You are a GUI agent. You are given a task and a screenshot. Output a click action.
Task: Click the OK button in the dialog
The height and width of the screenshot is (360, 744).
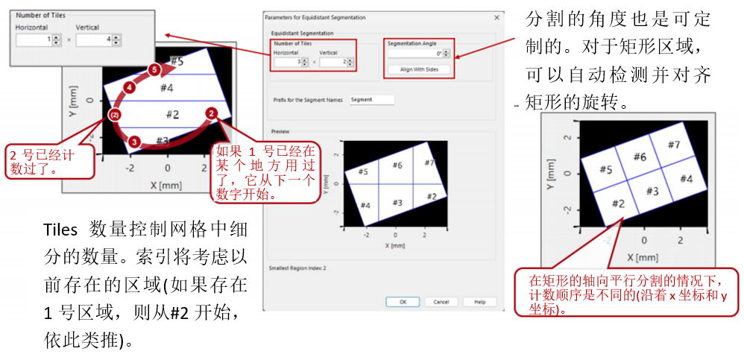coord(403,302)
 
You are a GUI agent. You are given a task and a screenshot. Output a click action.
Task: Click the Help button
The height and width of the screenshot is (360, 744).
coord(479,302)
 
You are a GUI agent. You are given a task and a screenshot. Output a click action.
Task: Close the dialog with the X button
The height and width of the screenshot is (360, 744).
coord(496,16)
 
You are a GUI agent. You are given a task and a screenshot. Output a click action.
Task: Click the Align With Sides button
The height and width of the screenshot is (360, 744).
coord(419,69)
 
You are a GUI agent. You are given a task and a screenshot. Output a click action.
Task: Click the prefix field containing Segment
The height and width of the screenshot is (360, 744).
coord(371,99)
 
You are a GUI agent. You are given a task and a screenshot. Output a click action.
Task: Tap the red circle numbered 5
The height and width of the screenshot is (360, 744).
coord(154,69)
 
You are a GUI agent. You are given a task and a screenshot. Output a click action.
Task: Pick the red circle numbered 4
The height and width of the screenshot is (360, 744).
coord(130,88)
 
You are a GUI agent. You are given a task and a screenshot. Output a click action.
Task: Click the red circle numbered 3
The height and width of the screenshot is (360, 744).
coord(133,140)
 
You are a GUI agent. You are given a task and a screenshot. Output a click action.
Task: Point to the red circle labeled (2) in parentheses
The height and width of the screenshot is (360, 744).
coord(114,115)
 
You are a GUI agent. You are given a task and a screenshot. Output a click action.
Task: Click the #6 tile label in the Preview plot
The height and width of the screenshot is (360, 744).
coord(397,165)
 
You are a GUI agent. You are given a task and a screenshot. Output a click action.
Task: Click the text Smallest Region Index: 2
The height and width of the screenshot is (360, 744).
coord(297,266)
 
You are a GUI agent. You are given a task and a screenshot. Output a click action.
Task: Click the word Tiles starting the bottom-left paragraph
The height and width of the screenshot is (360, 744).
coord(60,228)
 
